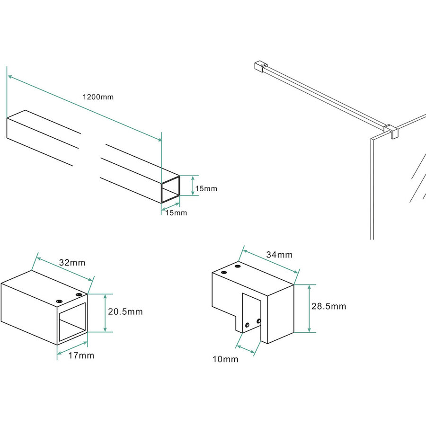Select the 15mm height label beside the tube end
click(206, 188)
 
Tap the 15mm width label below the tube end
click(176, 213)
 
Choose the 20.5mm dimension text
click(125, 312)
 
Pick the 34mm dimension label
click(279, 255)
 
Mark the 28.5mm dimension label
click(328, 306)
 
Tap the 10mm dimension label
click(225, 360)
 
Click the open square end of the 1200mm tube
click(171, 189)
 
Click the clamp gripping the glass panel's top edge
click(391, 131)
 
